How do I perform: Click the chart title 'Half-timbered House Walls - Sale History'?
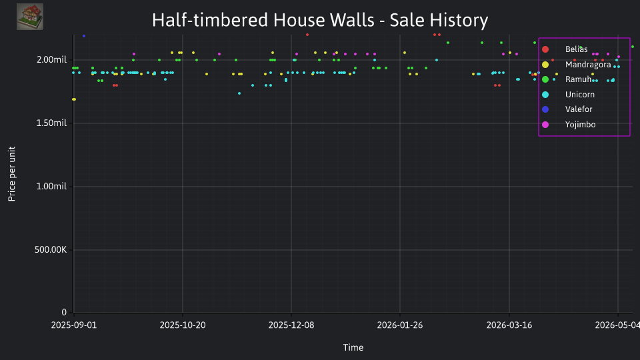[x=320, y=20]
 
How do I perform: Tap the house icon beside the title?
[x=30, y=17]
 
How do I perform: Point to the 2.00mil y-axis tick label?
[x=51, y=59]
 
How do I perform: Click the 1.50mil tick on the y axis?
[x=51, y=123]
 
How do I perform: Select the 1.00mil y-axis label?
[x=51, y=186]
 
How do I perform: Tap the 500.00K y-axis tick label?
[x=51, y=249]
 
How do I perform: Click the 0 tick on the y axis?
[x=64, y=312]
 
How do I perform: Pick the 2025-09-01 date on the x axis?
[x=74, y=325]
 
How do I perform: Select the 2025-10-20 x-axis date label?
[x=183, y=325]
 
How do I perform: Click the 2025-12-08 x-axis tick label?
[x=291, y=325]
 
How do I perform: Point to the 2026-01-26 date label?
[x=400, y=325]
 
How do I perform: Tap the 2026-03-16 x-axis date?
[x=509, y=325]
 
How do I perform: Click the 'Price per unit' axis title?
[x=12, y=174]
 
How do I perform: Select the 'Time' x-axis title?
[x=353, y=347]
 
